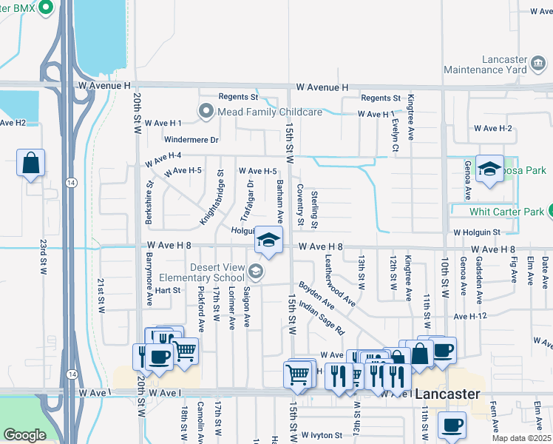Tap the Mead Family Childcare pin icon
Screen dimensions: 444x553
pos(206,112)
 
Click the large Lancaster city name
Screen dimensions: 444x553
pos(447,394)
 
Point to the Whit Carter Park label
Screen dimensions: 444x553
pos(506,212)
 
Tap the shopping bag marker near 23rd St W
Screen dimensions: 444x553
pos(31,164)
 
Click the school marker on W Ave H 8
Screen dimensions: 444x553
pos(269,240)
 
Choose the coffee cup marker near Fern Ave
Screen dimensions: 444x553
pos(452,425)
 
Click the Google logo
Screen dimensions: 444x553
pos(24,435)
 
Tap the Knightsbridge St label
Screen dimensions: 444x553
pos(211,198)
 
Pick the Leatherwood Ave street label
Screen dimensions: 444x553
pos(340,282)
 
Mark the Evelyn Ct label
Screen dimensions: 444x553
pos(396,138)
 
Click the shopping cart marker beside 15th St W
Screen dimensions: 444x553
pos(298,374)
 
